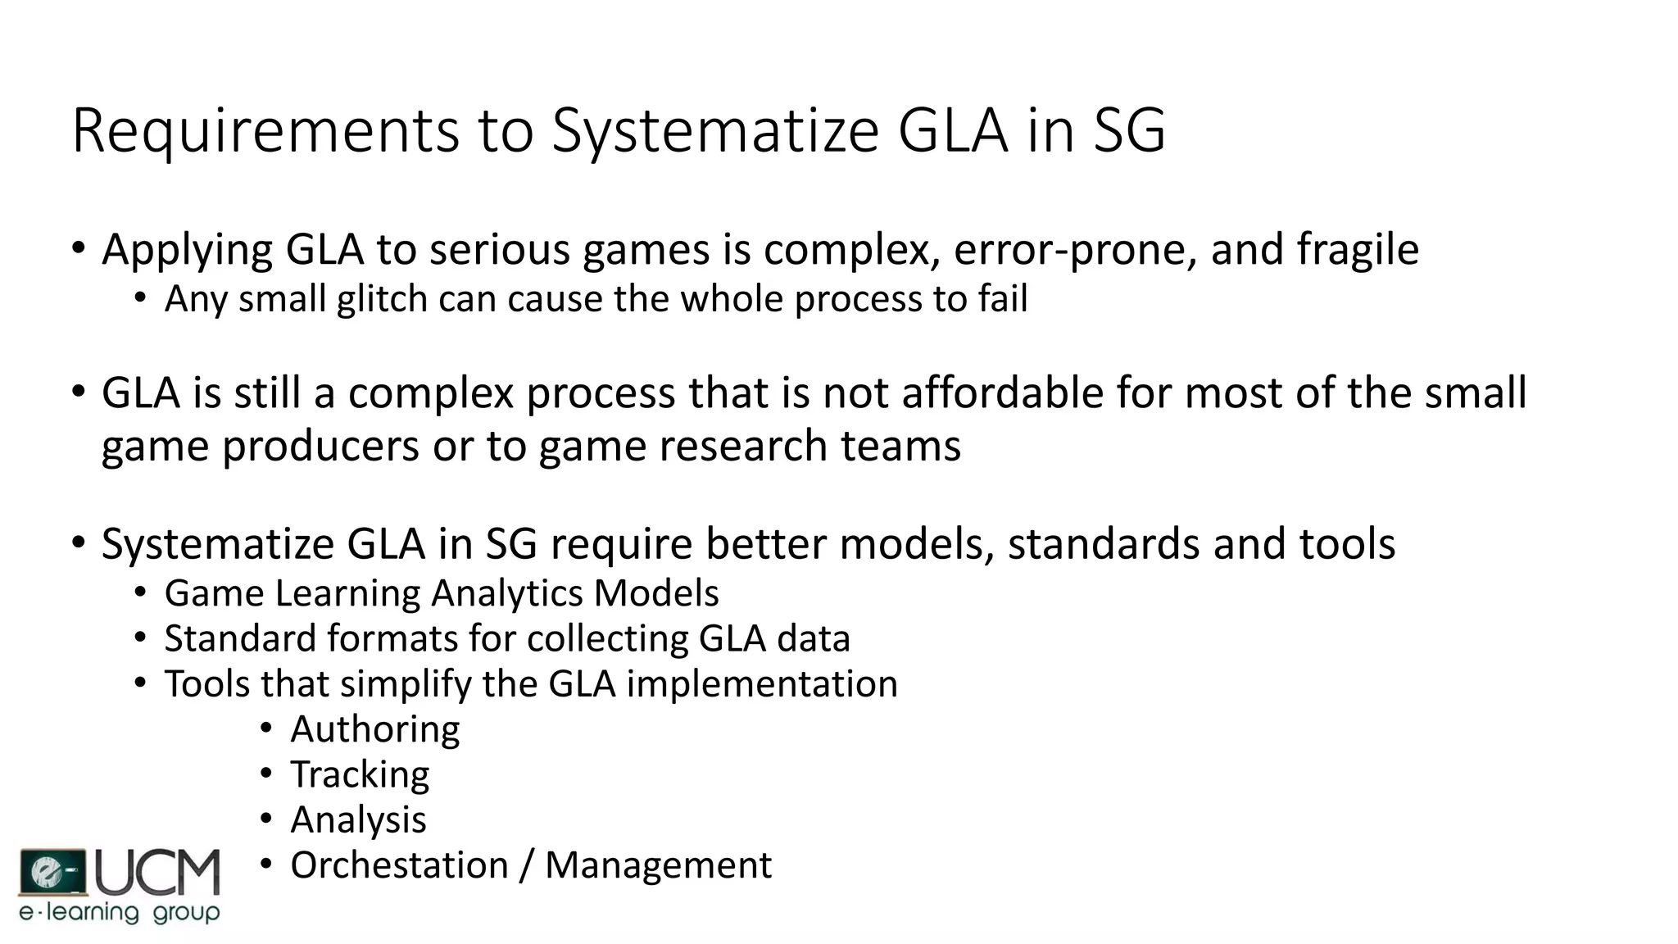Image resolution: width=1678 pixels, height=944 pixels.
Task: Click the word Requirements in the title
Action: tap(265, 131)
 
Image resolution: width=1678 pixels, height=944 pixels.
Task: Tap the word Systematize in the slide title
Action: tap(715, 131)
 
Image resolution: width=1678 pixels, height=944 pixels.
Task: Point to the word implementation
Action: tap(762, 683)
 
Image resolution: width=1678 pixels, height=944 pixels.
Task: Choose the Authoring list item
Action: tap(375, 729)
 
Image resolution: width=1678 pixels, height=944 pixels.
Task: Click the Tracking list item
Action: tap(360, 775)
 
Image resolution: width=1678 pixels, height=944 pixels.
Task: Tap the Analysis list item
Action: tap(358, 820)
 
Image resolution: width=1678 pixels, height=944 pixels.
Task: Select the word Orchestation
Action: tap(399, 865)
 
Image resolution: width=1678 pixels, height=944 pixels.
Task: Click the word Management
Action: tap(658, 865)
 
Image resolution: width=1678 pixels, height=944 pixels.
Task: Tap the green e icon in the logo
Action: tap(52, 872)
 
